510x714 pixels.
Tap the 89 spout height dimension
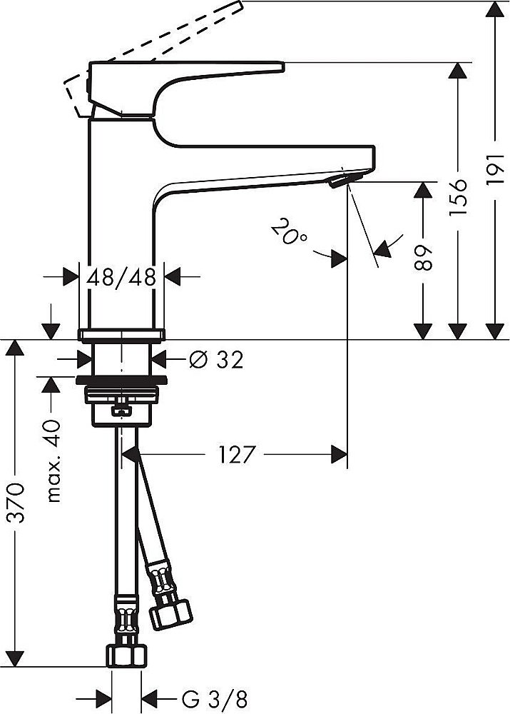(x=424, y=258)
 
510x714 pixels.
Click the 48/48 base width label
(x=121, y=277)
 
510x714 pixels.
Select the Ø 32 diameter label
(x=216, y=360)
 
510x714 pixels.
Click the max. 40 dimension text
(x=53, y=461)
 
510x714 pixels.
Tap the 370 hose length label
(x=17, y=503)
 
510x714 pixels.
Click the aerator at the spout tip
(x=337, y=182)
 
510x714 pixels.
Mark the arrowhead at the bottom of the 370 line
(x=17, y=658)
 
